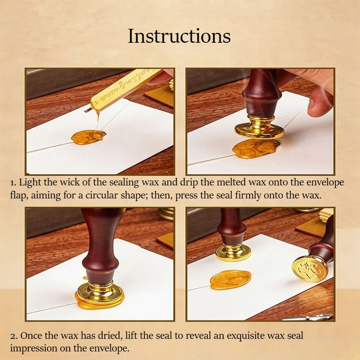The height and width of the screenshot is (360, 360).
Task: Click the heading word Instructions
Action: pyautogui.click(x=179, y=36)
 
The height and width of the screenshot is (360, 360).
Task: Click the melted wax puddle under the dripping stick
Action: pyautogui.click(x=88, y=137)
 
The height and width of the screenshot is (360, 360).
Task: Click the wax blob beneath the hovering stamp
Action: pyautogui.click(x=256, y=148)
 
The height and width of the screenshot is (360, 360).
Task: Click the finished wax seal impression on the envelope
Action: pyautogui.click(x=230, y=279)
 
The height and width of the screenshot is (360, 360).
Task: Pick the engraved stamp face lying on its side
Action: pyautogui.click(x=310, y=268)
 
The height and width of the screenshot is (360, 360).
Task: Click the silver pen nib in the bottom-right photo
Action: pyautogui.click(x=308, y=317)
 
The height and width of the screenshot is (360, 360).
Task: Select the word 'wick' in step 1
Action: pyautogui.click(x=70, y=182)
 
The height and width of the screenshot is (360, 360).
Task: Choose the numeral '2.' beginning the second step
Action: pyautogui.click(x=14, y=336)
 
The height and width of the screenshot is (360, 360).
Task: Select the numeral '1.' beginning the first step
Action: pyautogui.click(x=13, y=183)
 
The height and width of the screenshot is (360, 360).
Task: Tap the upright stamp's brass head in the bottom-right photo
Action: pyautogui.click(x=233, y=252)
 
